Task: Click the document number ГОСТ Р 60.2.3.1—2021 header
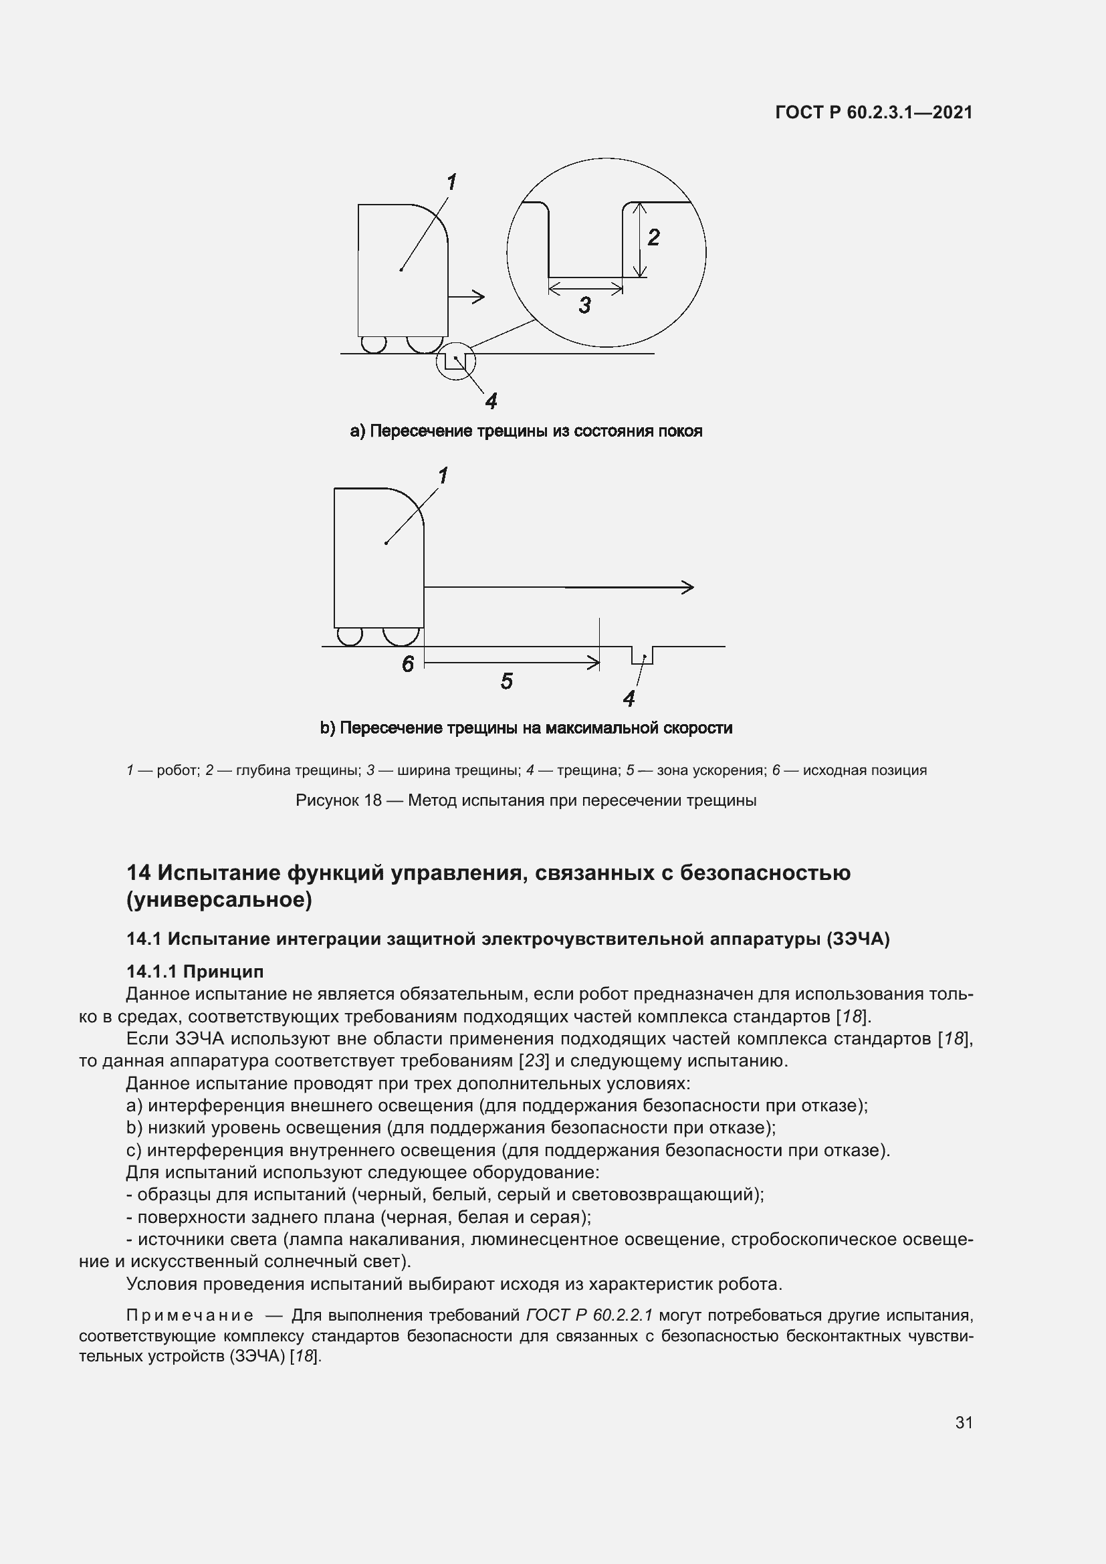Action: (874, 113)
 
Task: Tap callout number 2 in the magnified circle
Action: (653, 238)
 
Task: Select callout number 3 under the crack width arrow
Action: (584, 305)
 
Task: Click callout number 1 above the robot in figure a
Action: (451, 182)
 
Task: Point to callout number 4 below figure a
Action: (491, 401)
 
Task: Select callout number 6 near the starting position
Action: (407, 664)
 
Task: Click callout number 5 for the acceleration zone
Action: (506, 681)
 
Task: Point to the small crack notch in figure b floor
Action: (642, 655)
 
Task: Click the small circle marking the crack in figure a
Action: (455, 361)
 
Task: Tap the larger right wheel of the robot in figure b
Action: (401, 635)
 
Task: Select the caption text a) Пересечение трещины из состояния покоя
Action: (526, 431)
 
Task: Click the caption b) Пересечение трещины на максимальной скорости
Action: (526, 728)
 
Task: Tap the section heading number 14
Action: (138, 873)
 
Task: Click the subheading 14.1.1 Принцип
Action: (195, 972)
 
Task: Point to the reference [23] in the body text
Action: (533, 1061)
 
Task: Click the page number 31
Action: (964, 1423)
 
